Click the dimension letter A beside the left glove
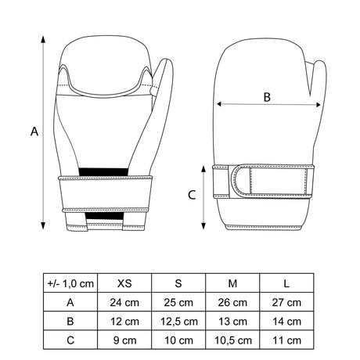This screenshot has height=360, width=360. [x=34, y=131]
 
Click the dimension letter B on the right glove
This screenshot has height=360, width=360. [x=267, y=97]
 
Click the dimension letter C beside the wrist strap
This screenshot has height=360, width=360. [x=192, y=195]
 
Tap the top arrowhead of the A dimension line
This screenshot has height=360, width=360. [x=43, y=39]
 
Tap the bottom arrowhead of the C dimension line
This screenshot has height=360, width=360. [x=203, y=226]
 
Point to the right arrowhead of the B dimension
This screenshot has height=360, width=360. [x=319, y=105]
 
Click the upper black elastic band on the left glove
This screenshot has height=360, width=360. [x=103, y=172]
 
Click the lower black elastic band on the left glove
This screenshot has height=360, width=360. [x=105, y=216]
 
